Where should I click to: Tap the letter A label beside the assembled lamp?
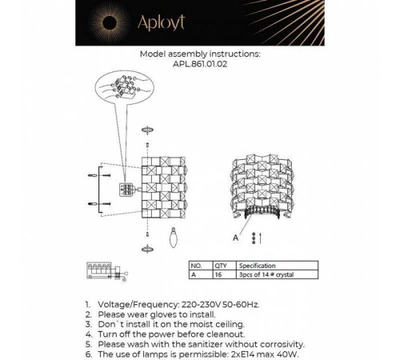coord(235,237)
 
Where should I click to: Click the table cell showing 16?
coord(218,274)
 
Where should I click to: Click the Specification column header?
coord(257,265)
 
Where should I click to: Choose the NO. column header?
coord(195,265)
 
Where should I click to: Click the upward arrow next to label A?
coord(261,238)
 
